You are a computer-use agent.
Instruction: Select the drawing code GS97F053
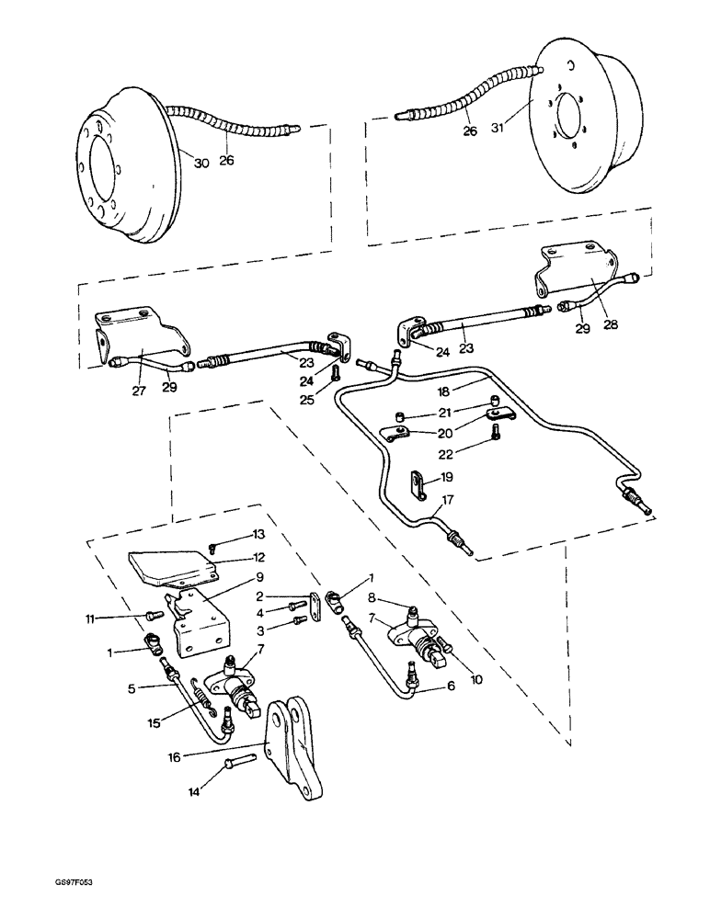pyautogui.click(x=74, y=905)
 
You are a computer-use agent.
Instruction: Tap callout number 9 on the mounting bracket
pyautogui.click(x=260, y=578)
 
